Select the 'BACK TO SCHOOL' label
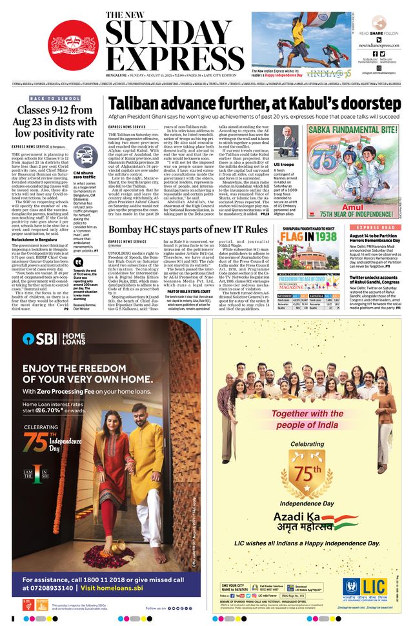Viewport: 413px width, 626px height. pyautogui.click(x=55, y=98)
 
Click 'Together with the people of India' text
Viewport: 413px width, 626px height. pyautogui.click(x=307, y=418)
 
